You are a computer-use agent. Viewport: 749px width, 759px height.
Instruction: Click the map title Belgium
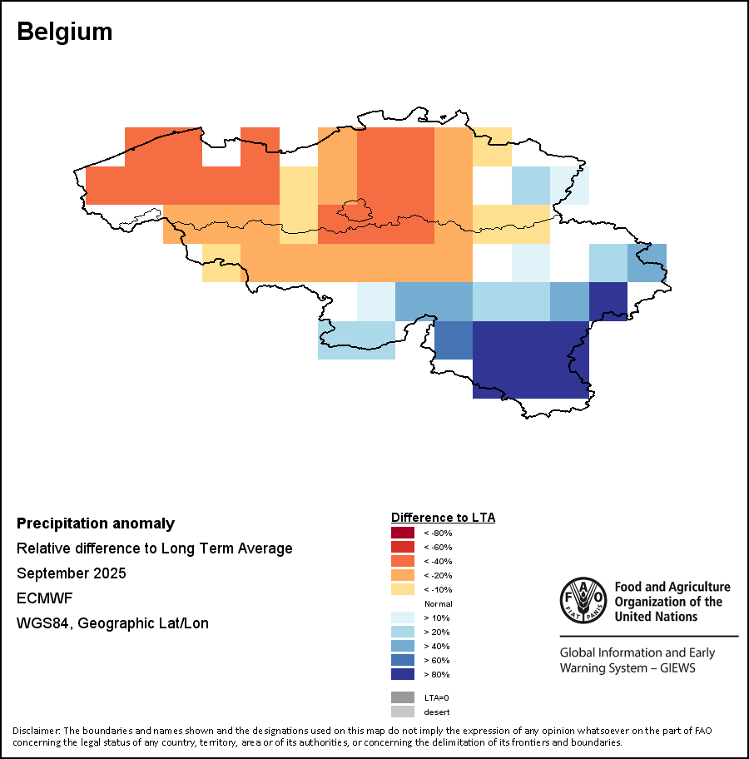64,32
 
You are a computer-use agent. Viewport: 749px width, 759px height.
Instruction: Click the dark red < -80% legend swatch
402,533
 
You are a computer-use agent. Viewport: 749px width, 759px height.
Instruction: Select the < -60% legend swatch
402,547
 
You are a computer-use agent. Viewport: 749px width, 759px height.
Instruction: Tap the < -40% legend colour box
402,561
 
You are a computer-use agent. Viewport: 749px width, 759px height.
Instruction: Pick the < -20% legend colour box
402,575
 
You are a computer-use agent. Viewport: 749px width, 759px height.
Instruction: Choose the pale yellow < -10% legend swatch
402,589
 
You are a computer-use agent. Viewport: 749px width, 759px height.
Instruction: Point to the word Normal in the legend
438,603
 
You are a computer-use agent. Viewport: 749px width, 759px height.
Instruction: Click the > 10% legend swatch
402,618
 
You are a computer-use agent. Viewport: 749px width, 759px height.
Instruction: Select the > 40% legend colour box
402,646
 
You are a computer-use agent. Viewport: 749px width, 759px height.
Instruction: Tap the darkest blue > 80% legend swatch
402,674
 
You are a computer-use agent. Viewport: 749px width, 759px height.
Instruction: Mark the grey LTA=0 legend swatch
402,697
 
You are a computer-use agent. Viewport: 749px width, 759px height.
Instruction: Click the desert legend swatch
402,712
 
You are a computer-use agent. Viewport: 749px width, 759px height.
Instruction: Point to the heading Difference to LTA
443,518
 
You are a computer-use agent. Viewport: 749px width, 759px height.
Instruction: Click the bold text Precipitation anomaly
96,523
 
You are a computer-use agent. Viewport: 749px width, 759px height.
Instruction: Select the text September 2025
72,573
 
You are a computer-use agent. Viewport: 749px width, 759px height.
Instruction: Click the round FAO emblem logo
583,600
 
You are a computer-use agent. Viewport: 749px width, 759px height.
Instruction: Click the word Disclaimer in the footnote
36,731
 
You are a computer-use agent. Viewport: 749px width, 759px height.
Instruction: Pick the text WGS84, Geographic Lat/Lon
112,623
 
